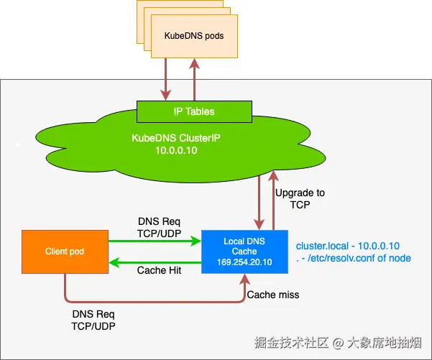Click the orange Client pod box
pos(64,252)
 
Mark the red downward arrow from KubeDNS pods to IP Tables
pos(167,79)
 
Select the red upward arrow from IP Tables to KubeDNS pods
pos(193,79)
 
